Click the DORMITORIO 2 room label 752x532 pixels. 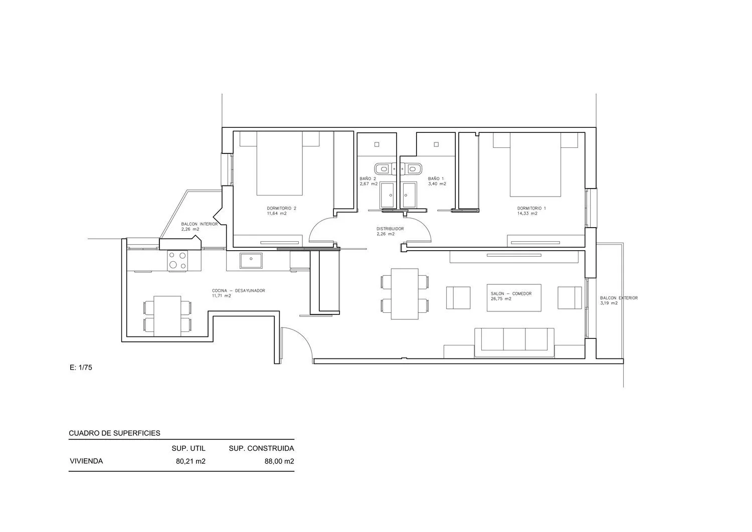point(281,208)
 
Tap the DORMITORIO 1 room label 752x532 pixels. point(531,208)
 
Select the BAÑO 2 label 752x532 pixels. point(367,179)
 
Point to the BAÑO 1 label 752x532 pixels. point(436,179)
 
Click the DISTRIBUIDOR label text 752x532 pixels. point(390,229)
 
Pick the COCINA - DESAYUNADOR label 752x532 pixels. point(238,290)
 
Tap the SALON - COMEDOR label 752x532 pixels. point(511,293)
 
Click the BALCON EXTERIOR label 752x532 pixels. point(619,298)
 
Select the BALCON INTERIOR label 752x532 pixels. point(200,224)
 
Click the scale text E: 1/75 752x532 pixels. point(81,368)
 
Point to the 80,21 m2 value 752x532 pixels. point(191,461)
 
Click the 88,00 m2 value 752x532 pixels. point(279,461)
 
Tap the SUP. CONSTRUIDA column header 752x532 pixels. point(262,448)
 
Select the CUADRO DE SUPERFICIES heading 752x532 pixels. point(114,433)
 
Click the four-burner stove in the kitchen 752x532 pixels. point(177,260)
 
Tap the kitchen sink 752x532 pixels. point(251,261)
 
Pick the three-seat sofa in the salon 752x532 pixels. point(514,342)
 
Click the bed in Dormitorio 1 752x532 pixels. point(535,164)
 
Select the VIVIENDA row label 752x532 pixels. point(86,461)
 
